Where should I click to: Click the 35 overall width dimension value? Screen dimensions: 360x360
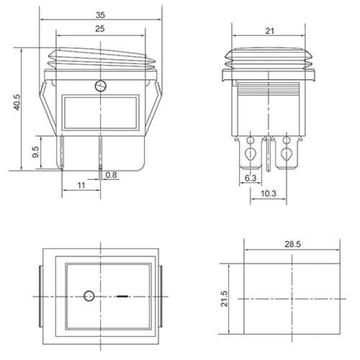(x=100, y=15)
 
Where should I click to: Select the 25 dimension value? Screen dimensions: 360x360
(x=100, y=29)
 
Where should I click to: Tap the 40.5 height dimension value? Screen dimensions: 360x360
(x=17, y=102)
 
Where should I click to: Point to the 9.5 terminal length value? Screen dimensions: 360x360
(x=36, y=152)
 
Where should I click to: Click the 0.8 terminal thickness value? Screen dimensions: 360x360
(x=111, y=175)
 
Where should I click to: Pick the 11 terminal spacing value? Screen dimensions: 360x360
(x=81, y=185)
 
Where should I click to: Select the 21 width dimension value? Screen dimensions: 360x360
(x=270, y=31)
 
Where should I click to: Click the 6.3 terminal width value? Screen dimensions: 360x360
(x=250, y=178)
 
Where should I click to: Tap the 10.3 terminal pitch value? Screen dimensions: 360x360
(x=268, y=193)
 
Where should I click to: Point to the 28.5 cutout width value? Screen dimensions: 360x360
(x=292, y=244)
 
